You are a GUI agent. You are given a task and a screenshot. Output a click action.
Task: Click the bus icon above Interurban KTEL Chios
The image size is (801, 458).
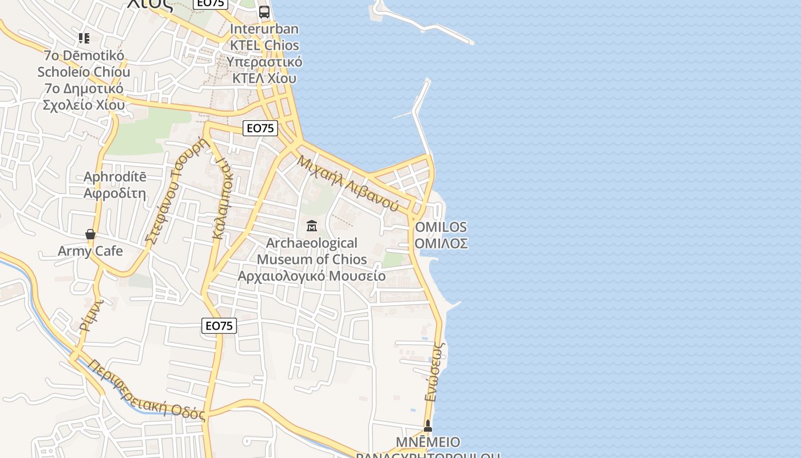coord(264,11)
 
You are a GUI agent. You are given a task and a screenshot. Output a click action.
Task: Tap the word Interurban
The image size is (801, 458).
coord(264,29)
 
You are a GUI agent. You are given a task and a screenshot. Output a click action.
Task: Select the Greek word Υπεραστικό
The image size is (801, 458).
coord(264,62)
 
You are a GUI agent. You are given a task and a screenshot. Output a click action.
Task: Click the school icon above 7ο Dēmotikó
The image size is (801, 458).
coord(84,38)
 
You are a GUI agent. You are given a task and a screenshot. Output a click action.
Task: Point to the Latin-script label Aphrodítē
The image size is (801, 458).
coord(115,176)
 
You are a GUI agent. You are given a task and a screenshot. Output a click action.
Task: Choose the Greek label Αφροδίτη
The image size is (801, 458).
coord(115,193)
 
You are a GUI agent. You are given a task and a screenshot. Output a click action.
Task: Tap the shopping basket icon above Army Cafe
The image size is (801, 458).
coord(90,234)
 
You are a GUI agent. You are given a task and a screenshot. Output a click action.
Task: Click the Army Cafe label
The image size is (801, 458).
coord(90,251)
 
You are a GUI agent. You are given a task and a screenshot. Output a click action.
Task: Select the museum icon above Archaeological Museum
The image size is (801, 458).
coord(312,226)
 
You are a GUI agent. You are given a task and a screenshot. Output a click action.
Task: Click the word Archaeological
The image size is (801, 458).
coord(312,243)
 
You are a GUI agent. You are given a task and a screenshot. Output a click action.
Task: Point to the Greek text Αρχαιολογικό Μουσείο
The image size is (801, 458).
coord(312,276)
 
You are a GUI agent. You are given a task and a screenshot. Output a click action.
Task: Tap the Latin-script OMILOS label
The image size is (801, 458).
coord(441,227)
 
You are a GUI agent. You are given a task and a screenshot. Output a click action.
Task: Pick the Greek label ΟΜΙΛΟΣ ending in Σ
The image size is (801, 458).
coord(441,243)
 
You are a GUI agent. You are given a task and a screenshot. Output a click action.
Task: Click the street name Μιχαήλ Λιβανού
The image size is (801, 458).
coord(347,183)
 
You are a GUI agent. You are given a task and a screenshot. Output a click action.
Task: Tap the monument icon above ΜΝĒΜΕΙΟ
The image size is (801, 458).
coord(427,426)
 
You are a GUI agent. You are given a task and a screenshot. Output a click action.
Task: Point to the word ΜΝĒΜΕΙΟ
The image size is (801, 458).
coord(428,442)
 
